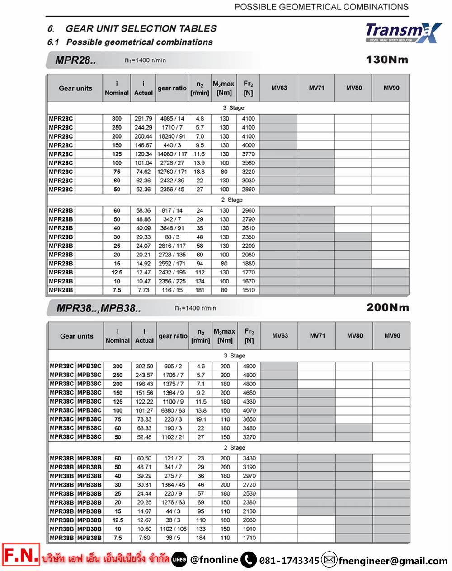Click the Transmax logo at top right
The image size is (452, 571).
click(x=403, y=32)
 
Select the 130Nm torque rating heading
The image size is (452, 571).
click(x=387, y=60)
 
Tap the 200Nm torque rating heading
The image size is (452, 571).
click(x=387, y=308)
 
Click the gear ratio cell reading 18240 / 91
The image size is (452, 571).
click(x=172, y=136)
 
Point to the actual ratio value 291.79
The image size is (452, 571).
click(x=143, y=119)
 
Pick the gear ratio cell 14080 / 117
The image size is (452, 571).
click(x=172, y=154)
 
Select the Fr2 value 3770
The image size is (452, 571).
click(x=248, y=154)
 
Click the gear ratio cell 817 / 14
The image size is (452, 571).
click(x=172, y=210)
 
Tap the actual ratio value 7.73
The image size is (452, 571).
click(x=143, y=290)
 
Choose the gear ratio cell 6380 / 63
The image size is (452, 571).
click(x=173, y=410)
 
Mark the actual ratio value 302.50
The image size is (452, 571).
click(x=144, y=367)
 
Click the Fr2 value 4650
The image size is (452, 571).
click(x=249, y=393)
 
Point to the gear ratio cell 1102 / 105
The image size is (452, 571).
click(x=173, y=529)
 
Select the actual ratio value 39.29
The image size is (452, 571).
click(x=144, y=476)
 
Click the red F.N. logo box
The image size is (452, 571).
click(x=21, y=555)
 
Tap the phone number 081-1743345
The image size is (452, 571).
click(x=289, y=561)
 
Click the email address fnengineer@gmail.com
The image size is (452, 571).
click(x=393, y=561)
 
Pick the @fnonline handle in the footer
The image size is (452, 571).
click(x=214, y=560)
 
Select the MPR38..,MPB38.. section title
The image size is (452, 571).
click(x=99, y=308)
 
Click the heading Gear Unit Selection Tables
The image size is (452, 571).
click(x=141, y=28)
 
